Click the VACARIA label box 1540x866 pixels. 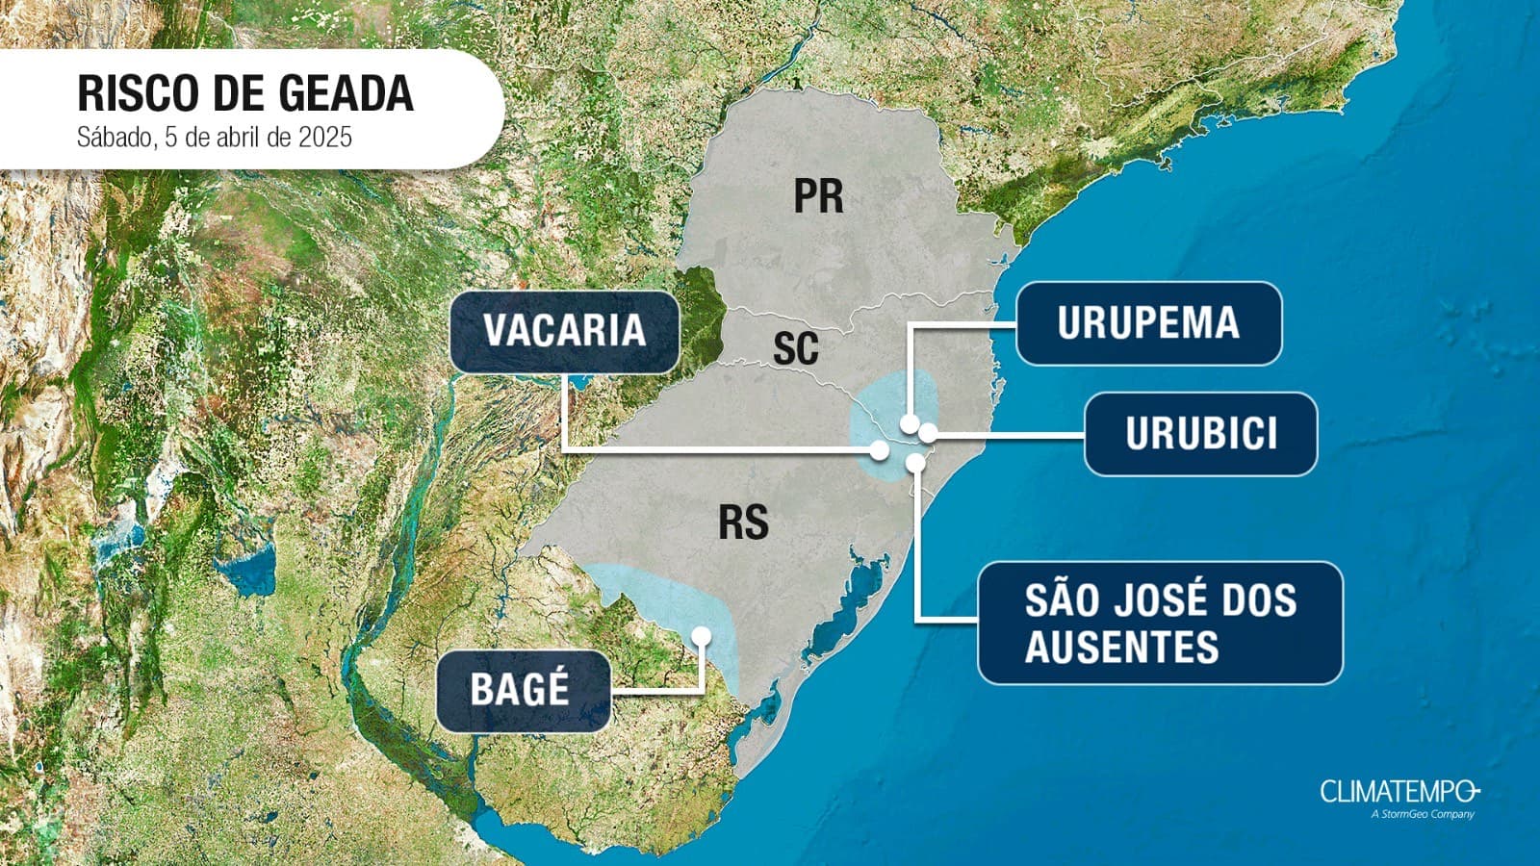click(564, 331)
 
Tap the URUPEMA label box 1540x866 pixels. click(1148, 323)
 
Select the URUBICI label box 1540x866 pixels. click(1200, 434)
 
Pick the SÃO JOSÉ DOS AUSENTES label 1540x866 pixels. click(1160, 623)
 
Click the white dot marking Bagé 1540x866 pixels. click(702, 636)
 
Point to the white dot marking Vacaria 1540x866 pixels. click(879, 449)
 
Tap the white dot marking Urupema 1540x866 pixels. click(909, 422)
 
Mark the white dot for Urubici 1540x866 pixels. click(928, 433)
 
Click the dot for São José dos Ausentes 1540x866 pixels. click(915, 463)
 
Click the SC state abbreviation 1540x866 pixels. click(796, 348)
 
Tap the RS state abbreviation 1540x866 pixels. click(743, 522)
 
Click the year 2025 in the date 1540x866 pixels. click(324, 138)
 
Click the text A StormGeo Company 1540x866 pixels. click(1423, 815)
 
